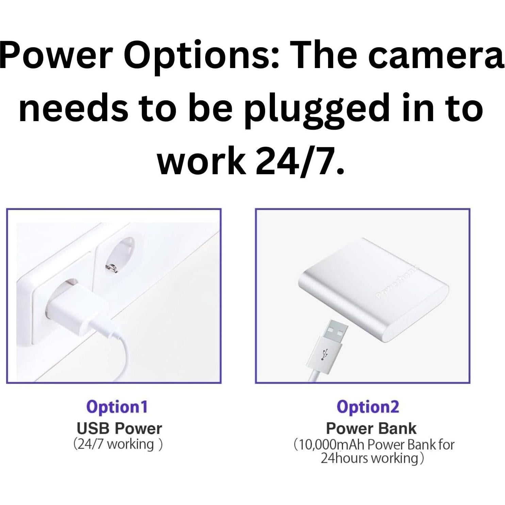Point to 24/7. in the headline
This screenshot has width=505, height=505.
[300, 160]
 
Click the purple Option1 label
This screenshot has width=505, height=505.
[117, 407]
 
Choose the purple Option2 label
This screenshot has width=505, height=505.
[368, 407]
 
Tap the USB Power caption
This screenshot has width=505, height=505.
[119, 428]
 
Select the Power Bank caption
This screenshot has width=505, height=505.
[371, 428]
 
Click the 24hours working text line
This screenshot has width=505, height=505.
[373, 458]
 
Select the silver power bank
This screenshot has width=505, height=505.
[373, 290]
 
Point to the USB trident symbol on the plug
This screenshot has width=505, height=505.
[323, 354]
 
